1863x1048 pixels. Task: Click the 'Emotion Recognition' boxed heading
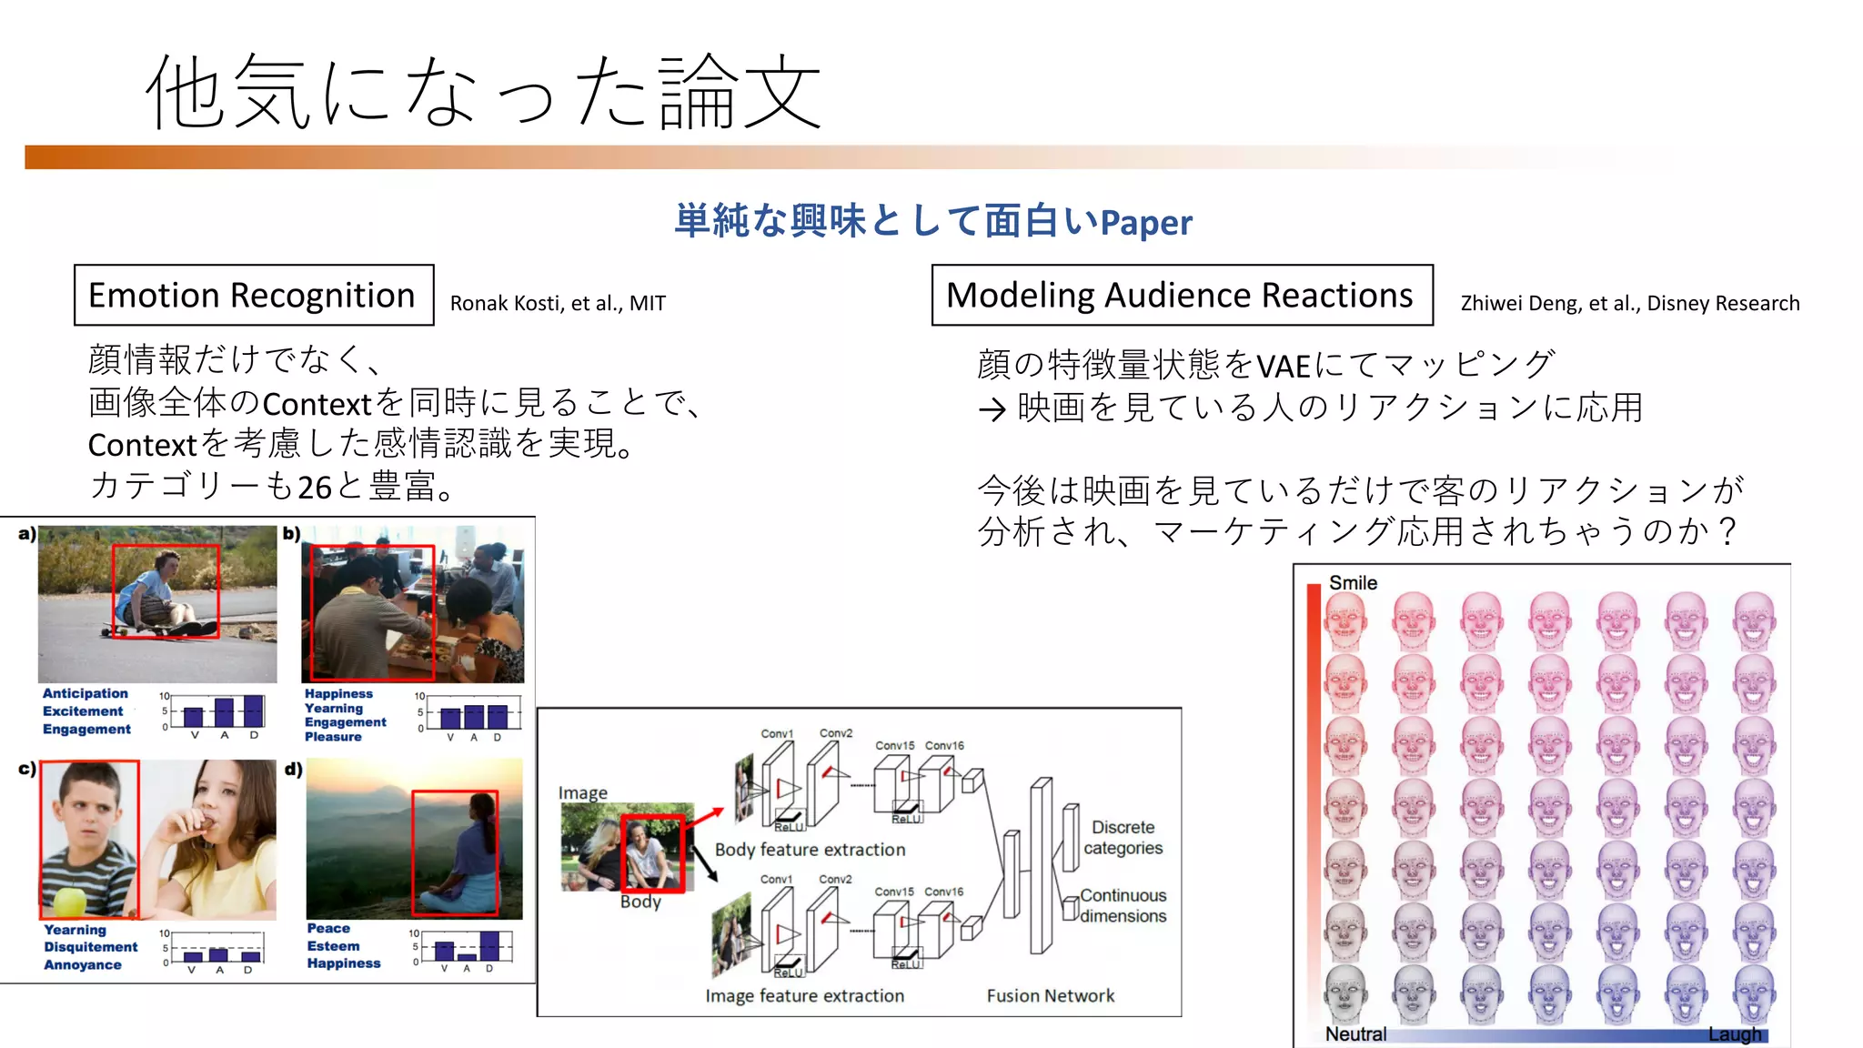(x=252, y=296)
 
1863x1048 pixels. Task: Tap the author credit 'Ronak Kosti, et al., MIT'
(x=558, y=304)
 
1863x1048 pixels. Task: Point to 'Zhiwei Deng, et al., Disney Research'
(x=1629, y=304)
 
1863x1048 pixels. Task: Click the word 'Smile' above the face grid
(x=1353, y=583)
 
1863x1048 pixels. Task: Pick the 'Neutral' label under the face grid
(x=1355, y=1034)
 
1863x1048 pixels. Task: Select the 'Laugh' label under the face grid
(x=1734, y=1034)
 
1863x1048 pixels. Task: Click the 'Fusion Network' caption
(x=1050, y=996)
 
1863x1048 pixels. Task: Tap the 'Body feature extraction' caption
(x=810, y=850)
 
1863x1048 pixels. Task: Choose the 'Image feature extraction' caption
(x=804, y=996)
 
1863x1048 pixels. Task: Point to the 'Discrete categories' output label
(x=1123, y=838)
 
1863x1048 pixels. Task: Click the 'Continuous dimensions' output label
(x=1123, y=906)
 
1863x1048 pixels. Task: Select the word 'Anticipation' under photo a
(x=86, y=693)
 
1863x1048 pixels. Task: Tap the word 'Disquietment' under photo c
(x=91, y=947)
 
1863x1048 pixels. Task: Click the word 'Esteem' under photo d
(x=333, y=946)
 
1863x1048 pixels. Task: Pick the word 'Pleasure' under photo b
(x=333, y=737)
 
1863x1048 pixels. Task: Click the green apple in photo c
(x=71, y=902)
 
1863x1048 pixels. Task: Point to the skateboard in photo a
(x=136, y=630)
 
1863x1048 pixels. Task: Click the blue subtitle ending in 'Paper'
(x=932, y=222)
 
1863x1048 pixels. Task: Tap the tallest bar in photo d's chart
(x=489, y=946)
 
